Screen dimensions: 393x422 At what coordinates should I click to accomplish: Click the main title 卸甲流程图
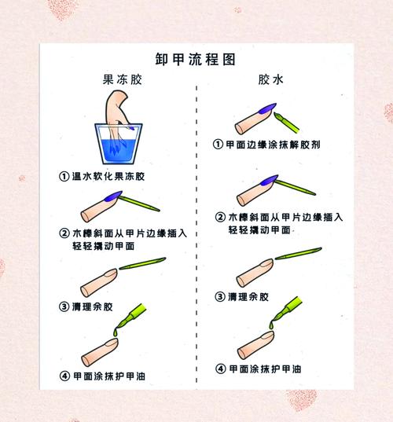[195, 60]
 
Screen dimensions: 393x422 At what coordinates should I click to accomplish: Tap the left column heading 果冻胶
[122, 79]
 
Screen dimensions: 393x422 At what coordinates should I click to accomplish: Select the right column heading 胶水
[270, 79]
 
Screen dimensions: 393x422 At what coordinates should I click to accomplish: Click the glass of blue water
[119, 144]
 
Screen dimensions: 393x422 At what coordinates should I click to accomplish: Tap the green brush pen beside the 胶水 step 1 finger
[286, 123]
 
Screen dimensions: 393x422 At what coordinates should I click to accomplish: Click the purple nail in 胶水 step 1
[267, 108]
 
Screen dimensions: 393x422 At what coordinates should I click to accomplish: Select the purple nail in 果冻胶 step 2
[113, 196]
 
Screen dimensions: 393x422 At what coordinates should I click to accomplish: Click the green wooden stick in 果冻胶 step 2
[139, 204]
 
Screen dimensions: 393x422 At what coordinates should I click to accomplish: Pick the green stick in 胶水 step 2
[295, 187]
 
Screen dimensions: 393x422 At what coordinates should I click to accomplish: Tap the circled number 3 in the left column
[64, 306]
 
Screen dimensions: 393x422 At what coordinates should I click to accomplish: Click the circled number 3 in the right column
[220, 297]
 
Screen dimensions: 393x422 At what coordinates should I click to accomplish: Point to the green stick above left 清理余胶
[142, 263]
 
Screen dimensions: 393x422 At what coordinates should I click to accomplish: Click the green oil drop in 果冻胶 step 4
[116, 332]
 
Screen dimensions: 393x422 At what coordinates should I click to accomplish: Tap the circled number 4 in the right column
[220, 369]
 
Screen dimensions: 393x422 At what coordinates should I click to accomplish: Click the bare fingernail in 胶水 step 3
[266, 264]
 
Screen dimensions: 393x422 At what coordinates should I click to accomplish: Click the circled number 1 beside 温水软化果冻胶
[64, 177]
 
